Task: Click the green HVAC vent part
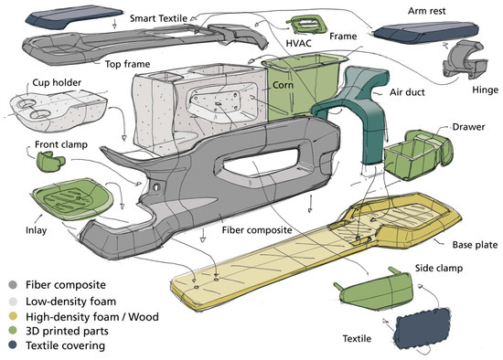tap(306, 24)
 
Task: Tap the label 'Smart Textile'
tap(158, 18)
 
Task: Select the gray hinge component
tap(465, 60)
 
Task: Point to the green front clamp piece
tap(50, 161)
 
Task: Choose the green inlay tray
tap(73, 199)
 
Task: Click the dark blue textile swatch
tap(422, 328)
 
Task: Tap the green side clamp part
tap(375, 291)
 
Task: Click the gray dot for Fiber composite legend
tap(13, 285)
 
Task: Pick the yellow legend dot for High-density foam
tap(13, 316)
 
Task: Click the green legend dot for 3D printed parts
tap(13, 331)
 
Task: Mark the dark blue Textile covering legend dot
tap(13, 345)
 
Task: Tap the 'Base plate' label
tap(475, 245)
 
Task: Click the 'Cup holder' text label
tap(57, 82)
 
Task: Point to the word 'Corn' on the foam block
tap(283, 85)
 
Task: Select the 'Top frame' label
tap(127, 64)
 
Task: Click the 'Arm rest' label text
tap(427, 11)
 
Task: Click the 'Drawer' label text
tap(468, 127)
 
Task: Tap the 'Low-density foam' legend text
tap(71, 302)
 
